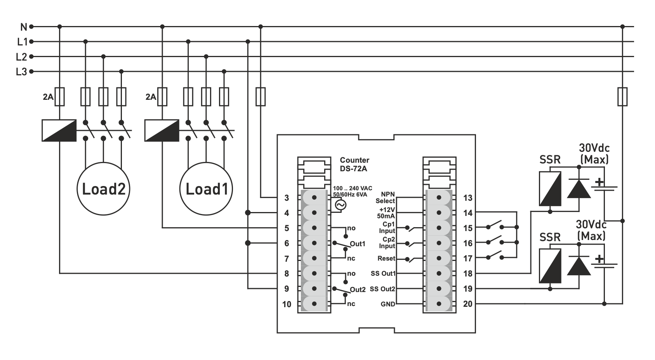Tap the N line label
click(x=24, y=27)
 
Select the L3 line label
click(x=21, y=72)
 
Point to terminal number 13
click(x=468, y=198)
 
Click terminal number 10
click(x=287, y=304)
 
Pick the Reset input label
click(x=386, y=258)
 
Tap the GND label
click(x=387, y=304)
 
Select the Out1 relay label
click(x=358, y=244)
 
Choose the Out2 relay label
click(x=358, y=289)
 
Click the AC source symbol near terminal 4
click(x=340, y=205)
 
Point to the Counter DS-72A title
click(x=354, y=164)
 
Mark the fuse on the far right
click(x=622, y=96)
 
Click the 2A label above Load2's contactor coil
click(x=48, y=97)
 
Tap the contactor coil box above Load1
click(x=162, y=130)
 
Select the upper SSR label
click(x=550, y=160)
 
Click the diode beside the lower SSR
click(x=579, y=266)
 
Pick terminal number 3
click(x=287, y=198)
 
